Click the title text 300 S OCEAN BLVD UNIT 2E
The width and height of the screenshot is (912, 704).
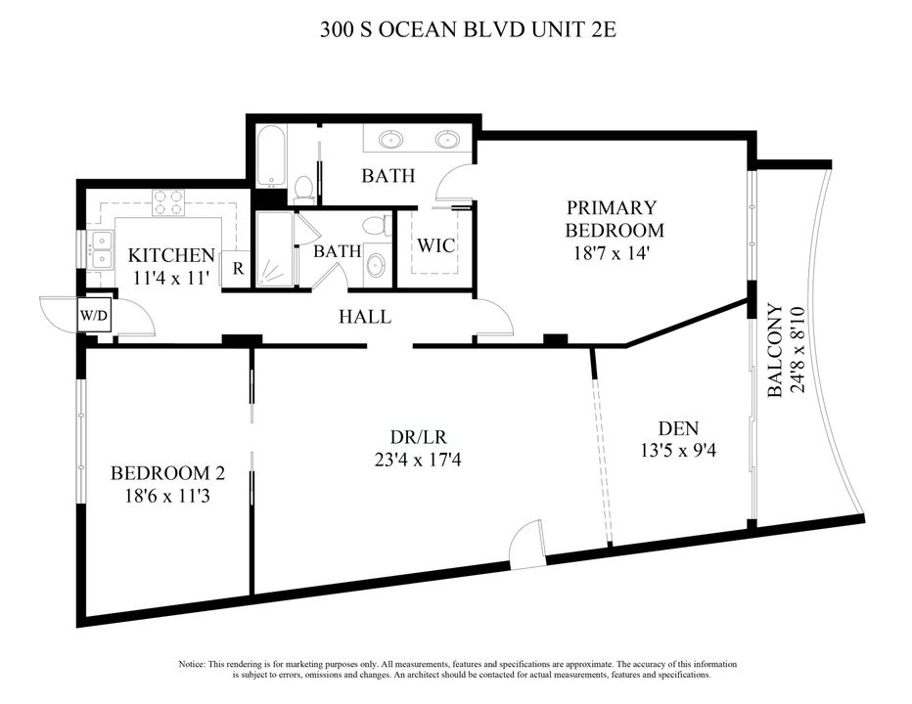(x=468, y=29)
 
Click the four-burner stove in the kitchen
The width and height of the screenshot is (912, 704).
(x=169, y=202)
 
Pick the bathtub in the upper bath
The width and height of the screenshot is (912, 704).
(x=271, y=156)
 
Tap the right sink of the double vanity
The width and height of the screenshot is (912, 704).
(x=447, y=139)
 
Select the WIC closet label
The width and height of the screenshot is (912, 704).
(x=435, y=245)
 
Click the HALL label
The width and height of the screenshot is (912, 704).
(x=365, y=317)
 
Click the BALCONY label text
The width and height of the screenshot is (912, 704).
(x=775, y=350)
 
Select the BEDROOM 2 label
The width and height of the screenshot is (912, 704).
(x=168, y=473)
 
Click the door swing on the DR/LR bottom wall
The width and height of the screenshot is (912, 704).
(x=525, y=545)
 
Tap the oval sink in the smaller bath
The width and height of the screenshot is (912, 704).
(x=376, y=265)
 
